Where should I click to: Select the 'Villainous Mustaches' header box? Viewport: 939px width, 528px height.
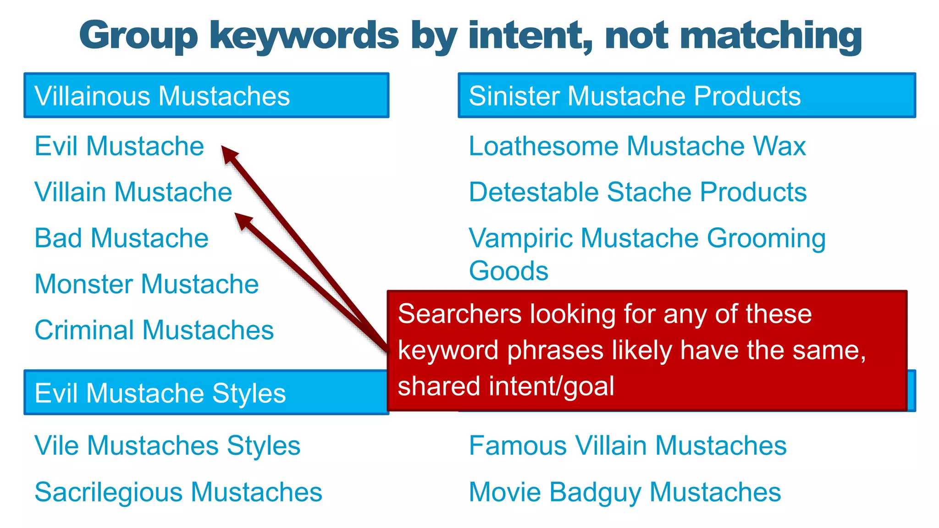click(206, 95)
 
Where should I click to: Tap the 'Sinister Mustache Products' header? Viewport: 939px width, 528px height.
click(686, 95)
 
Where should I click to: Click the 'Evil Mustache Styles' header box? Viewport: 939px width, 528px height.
click(206, 393)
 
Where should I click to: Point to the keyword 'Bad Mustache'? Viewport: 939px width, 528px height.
click(122, 238)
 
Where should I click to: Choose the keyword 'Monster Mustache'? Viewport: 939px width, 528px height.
click(147, 284)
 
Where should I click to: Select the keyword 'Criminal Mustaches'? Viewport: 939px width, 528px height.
click(154, 330)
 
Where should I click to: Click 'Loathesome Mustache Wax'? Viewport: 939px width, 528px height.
click(637, 146)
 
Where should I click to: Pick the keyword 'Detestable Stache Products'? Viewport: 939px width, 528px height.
click(637, 192)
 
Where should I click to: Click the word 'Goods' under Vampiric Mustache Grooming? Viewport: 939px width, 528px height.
click(508, 271)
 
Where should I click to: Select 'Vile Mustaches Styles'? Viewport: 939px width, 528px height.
click(167, 445)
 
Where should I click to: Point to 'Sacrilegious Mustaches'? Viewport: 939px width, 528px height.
click(178, 492)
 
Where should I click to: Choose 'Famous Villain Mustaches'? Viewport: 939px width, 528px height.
click(628, 445)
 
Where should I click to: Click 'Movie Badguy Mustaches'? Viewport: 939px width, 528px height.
click(625, 492)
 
